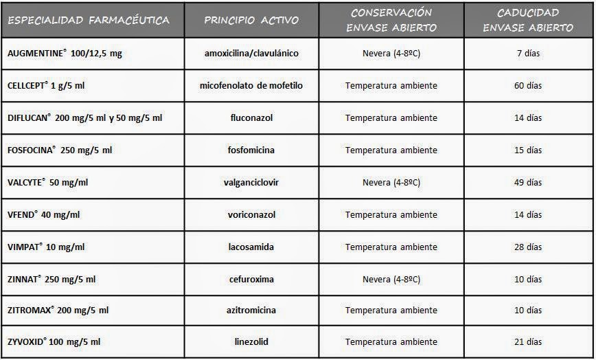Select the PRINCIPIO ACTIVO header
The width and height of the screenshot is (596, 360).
click(251, 19)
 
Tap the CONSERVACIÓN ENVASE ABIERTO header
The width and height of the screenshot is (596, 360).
click(391, 20)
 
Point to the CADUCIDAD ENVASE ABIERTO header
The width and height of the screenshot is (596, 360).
click(528, 20)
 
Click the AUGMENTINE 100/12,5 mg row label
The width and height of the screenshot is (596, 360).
click(65, 53)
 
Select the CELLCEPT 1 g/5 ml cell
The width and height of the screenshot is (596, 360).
click(47, 86)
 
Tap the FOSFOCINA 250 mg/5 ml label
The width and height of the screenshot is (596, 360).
click(60, 150)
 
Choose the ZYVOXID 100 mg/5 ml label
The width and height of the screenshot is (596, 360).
click(54, 341)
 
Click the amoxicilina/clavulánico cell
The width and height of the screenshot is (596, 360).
click(252, 53)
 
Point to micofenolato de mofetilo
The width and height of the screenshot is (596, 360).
click(252, 86)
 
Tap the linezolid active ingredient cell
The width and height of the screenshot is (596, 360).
click(252, 341)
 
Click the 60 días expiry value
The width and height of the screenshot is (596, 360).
click(528, 86)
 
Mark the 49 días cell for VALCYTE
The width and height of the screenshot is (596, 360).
click(528, 183)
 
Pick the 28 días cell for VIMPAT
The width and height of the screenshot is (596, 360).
click(528, 247)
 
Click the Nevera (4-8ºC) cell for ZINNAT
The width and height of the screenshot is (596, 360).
click(391, 279)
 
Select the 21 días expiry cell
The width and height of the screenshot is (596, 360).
click(528, 341)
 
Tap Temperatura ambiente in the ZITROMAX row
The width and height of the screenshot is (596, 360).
click(391, 310)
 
